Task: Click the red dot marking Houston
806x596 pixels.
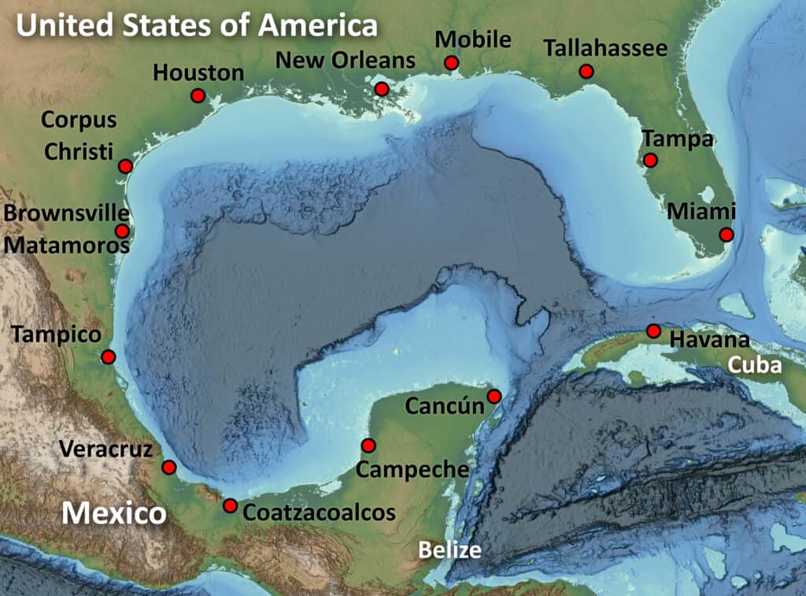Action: pos(198,95)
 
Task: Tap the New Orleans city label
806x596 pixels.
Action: pos(346,59)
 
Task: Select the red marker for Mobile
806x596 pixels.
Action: pos(451,62)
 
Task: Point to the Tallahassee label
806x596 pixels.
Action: pos(605,48)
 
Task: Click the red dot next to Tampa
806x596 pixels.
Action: pos(649,160)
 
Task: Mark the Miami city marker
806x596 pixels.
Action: pos(726,235)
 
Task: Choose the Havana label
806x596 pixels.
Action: pos(708,340)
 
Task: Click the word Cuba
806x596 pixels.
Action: pos(754,365)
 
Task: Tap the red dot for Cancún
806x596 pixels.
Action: pos(494,396)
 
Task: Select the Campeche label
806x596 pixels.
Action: pos(412,470)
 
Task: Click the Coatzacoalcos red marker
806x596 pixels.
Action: pos(230,505)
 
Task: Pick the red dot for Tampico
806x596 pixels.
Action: pos(109,357)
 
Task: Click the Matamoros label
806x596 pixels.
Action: pos(66,244)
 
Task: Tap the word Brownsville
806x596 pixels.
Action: pos(66,213)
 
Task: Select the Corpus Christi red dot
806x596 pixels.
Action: pos(125,165)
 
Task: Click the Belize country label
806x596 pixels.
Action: pos(449,549)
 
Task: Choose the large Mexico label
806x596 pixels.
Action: pos(114,513)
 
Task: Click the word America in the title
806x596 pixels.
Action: pos(320,25)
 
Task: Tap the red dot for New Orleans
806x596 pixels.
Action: pos(382,89)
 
